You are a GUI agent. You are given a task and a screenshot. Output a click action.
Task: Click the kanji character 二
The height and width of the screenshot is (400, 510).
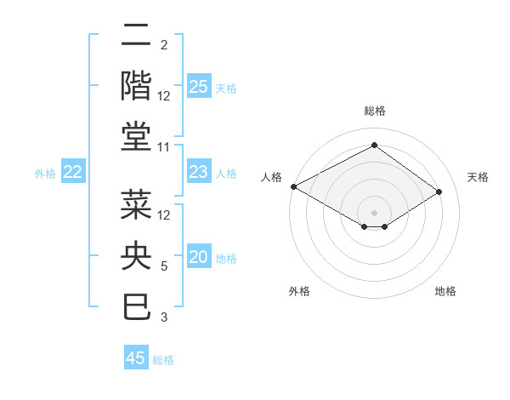(x=137, y=36)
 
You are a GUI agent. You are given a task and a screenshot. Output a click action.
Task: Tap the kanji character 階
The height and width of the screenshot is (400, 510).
(x=137, y=85)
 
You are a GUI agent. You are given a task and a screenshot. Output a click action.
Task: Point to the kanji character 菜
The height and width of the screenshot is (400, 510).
(x=137, y=205)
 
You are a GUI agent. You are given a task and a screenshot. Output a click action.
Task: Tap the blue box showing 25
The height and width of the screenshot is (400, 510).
(x=199, y=86)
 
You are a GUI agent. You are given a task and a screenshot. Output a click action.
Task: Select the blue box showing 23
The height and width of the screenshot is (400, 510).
(x=199, y=173)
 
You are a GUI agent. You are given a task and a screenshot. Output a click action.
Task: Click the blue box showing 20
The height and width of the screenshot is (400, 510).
(x=199, y=258)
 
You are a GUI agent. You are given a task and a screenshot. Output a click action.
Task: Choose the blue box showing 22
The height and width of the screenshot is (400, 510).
(x=73, y=173)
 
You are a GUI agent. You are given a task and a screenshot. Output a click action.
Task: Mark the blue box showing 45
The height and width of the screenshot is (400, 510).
(x=136, y=358)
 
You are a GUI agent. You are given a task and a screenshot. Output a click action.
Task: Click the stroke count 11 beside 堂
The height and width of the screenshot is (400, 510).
(x=164, y=147)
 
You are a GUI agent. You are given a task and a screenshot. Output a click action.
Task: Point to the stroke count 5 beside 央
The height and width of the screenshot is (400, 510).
(x=164, y=266)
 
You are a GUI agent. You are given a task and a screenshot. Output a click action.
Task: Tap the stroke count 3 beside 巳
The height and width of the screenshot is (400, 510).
(x=164, y=317)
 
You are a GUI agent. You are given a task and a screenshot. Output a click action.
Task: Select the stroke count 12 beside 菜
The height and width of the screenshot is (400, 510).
(x=164, y=215)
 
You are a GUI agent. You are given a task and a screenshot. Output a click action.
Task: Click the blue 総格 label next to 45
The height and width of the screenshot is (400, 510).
(x=163, y=360)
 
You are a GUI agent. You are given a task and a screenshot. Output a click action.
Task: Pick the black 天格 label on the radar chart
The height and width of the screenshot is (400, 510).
(x=478, y=177)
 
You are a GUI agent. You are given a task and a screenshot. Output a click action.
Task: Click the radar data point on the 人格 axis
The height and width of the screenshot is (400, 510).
(x=293, y=186)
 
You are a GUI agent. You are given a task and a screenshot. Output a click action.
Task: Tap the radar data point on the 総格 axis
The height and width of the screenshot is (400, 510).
(x=374, y=146)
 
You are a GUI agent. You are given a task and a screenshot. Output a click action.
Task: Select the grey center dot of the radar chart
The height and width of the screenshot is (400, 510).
(x=374, y=212)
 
